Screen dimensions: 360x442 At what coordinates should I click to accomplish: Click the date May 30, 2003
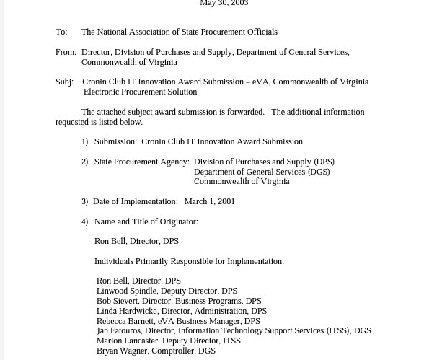point(224,4)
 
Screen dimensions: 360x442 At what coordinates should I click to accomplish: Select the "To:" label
point(61,32)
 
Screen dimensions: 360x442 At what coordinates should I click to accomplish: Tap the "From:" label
point(66,53)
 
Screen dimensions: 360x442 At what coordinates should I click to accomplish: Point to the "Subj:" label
point(64,82)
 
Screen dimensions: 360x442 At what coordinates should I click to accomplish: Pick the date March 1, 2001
point(210,202)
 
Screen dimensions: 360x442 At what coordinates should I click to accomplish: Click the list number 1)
point(85,142)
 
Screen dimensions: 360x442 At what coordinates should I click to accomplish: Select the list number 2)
point(85,162)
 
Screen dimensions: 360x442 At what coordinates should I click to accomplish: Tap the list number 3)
point(85,202)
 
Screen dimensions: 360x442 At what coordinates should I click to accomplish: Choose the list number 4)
point(85,222)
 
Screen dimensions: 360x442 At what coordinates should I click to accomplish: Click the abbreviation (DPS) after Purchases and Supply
point(324,162)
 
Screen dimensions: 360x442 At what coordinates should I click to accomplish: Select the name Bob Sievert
point(117,302)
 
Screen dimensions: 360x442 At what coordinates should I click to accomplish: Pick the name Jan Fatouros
point(119,331)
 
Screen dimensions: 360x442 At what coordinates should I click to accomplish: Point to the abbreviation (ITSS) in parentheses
point(337,331)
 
